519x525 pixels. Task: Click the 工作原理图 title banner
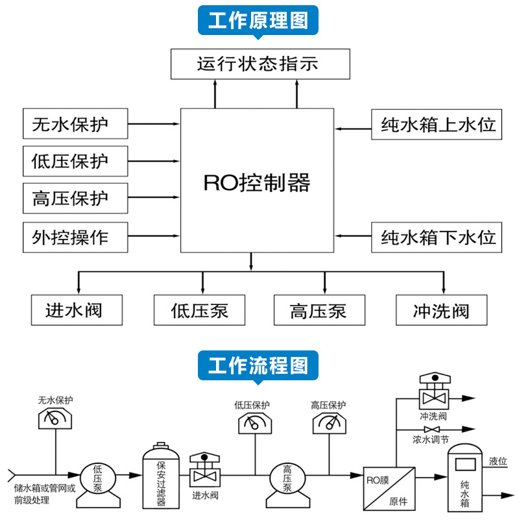click(258, 20)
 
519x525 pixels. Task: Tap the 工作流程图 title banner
click(258, 365)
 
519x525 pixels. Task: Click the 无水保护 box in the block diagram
click(75, 124)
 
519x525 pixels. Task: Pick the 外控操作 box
click(75, 237)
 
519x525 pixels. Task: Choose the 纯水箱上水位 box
click(438, 124)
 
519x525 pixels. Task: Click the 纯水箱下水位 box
click(438, 237)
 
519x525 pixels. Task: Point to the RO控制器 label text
click(257, 182)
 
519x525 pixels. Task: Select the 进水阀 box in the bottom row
click(75, 310)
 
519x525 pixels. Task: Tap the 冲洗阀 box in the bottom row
click(441, 310)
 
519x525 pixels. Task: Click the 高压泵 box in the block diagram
click(319, 310)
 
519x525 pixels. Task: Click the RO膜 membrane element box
click(387, 487)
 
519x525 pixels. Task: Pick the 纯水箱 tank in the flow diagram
click(464, 480)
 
